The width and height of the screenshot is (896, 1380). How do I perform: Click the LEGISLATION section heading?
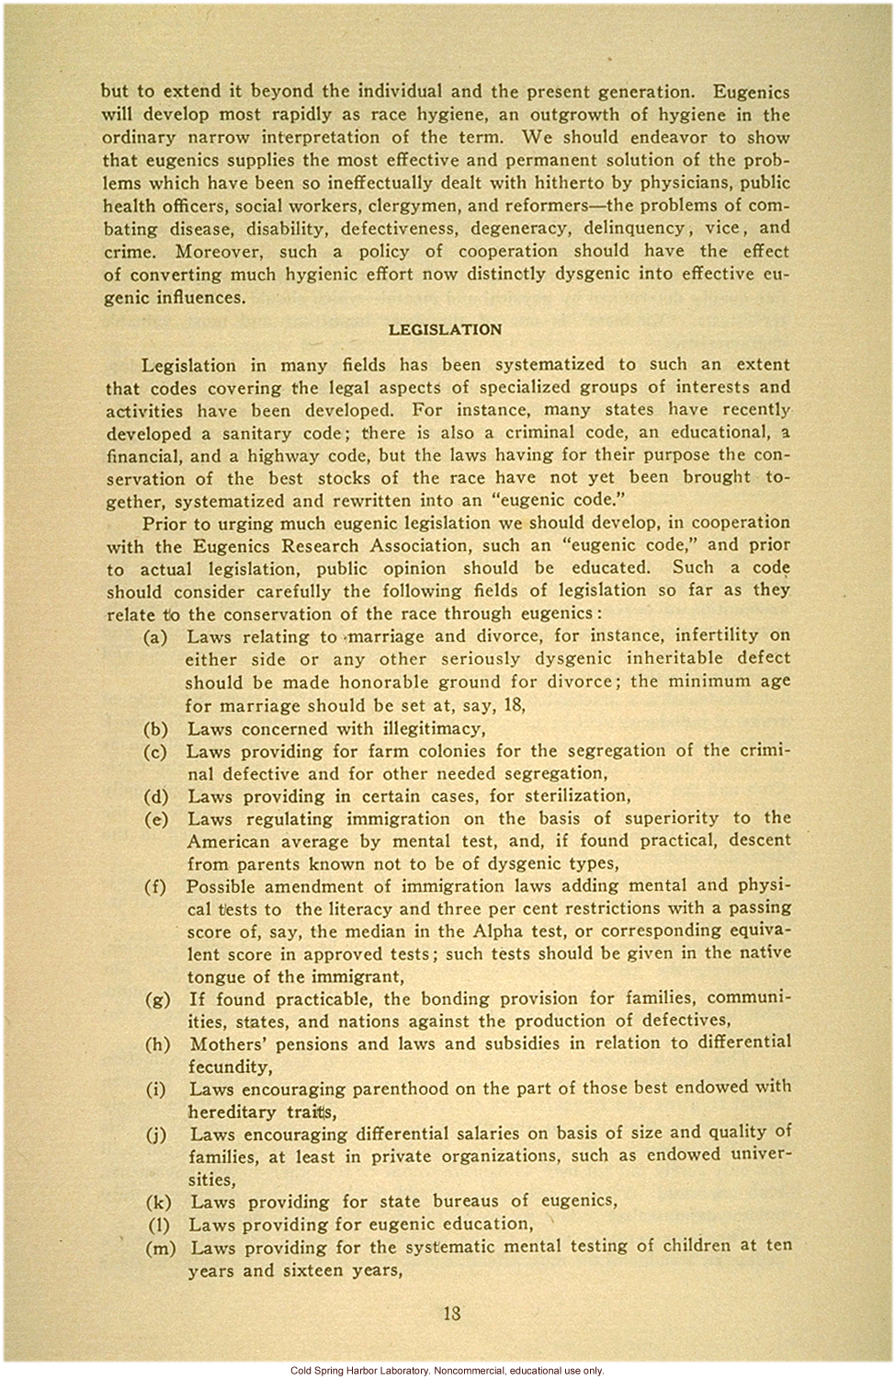(x=445, y=330)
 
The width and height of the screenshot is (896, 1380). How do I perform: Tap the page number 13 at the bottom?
(x=451, y=1313)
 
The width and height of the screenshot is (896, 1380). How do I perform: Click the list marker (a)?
(x=155, y=636)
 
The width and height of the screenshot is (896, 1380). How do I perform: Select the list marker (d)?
(x=155, y=797)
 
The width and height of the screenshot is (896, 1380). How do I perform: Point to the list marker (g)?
(x=157, y=999)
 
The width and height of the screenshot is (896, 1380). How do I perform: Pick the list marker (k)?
(x=158, y=1202)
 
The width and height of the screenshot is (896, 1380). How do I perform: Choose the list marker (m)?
(x=160, y=1248)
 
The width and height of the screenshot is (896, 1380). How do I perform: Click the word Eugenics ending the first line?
(x=751, y=92)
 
